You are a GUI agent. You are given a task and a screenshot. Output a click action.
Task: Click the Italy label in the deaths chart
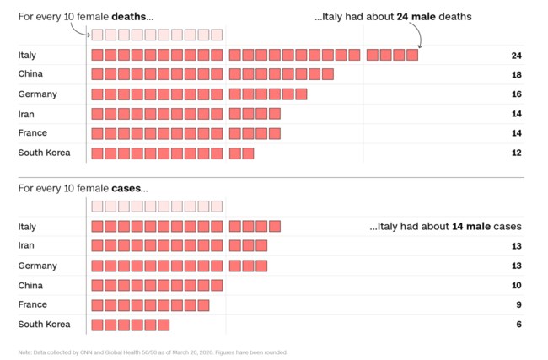click(27, 56)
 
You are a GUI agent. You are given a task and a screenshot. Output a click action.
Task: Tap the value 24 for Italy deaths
click(516, 56)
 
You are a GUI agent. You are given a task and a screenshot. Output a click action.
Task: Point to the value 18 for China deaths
click(516, 75)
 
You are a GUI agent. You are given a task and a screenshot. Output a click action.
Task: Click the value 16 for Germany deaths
click(516, 94)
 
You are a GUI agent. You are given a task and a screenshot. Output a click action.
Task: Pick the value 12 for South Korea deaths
click(516, 153)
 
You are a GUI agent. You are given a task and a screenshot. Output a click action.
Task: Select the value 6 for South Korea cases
click(518, 325)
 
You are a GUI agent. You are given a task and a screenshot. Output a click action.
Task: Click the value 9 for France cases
click(518, 305)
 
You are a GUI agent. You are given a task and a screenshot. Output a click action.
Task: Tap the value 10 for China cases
click(516, 286)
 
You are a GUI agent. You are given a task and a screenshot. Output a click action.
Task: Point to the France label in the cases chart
click(32, 305)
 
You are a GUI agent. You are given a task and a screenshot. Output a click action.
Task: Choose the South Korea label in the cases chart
click(44, 325)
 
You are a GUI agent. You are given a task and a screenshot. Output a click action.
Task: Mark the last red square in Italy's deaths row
click(411, 56)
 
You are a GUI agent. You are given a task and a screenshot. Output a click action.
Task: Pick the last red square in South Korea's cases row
click(164, 325)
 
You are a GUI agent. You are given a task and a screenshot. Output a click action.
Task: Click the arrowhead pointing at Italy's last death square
click(420, 46)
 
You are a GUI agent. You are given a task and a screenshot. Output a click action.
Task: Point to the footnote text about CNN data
click(152, 352)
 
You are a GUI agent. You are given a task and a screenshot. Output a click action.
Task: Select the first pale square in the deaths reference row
click(97, 35)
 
